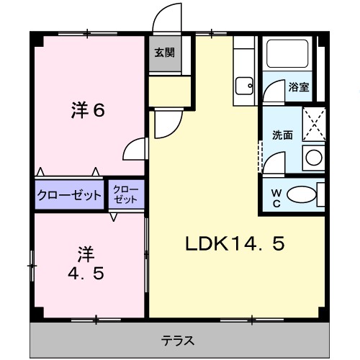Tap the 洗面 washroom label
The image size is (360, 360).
[282, 135]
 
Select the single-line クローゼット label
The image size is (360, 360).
[70, 195]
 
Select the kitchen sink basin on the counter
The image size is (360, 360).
[244, 86]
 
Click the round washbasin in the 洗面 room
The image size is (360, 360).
[312, 157]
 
